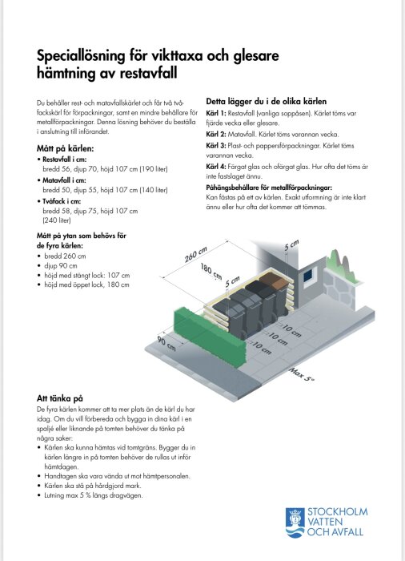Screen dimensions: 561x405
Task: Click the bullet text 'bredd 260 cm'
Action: [x=65, y=255]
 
